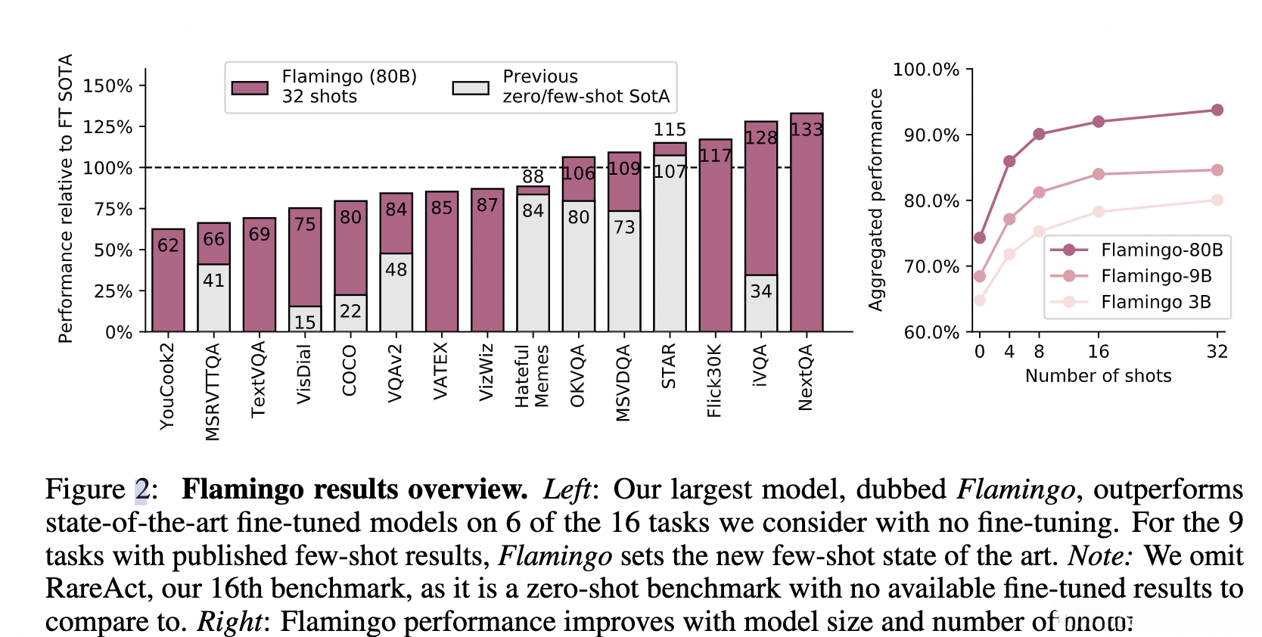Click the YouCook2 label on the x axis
tap(167, 386)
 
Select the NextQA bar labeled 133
tap(807, 227)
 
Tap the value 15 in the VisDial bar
tap(305, 322)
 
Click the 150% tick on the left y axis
tap(107, 85)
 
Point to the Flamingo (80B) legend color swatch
tap(250, 88)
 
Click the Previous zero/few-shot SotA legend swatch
tap(471, 88)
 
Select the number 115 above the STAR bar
tap(670, 129)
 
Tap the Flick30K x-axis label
tap(714, 380)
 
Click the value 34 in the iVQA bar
tap(760, 291)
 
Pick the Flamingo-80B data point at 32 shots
tap(1217, 110)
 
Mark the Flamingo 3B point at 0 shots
tap(980, 300)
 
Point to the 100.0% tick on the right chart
tap(926, 70)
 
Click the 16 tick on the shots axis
tap(1098, 352)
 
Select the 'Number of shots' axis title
tap(1098, 376)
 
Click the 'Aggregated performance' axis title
tap(876, 200)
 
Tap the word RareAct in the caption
tap(92, 589)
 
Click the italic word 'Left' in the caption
tap(567, 489)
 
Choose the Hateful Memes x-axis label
tap(532, 376)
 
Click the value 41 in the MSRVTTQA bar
tap(213, 281)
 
